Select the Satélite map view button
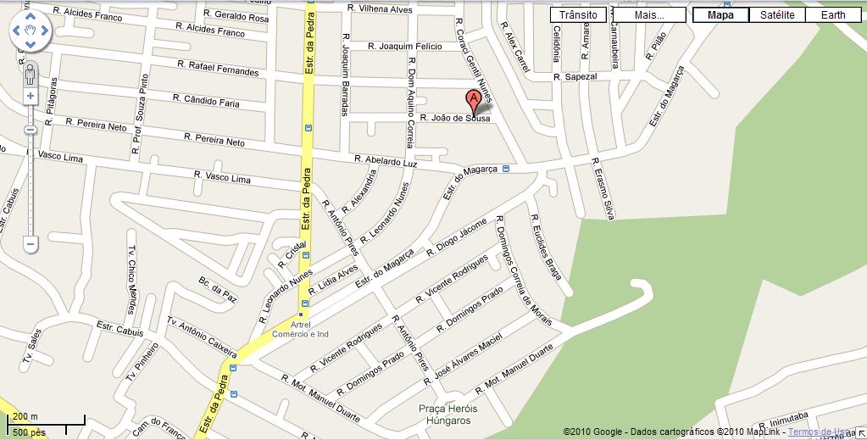777,14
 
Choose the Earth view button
832,14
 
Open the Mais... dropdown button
648,14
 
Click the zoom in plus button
31,96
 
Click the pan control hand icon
31,31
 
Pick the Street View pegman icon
31,74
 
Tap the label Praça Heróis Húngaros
448,414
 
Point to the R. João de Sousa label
455,119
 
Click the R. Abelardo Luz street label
386,160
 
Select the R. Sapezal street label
575,76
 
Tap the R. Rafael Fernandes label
218,68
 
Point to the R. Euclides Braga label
547,245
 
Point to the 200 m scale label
27,416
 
